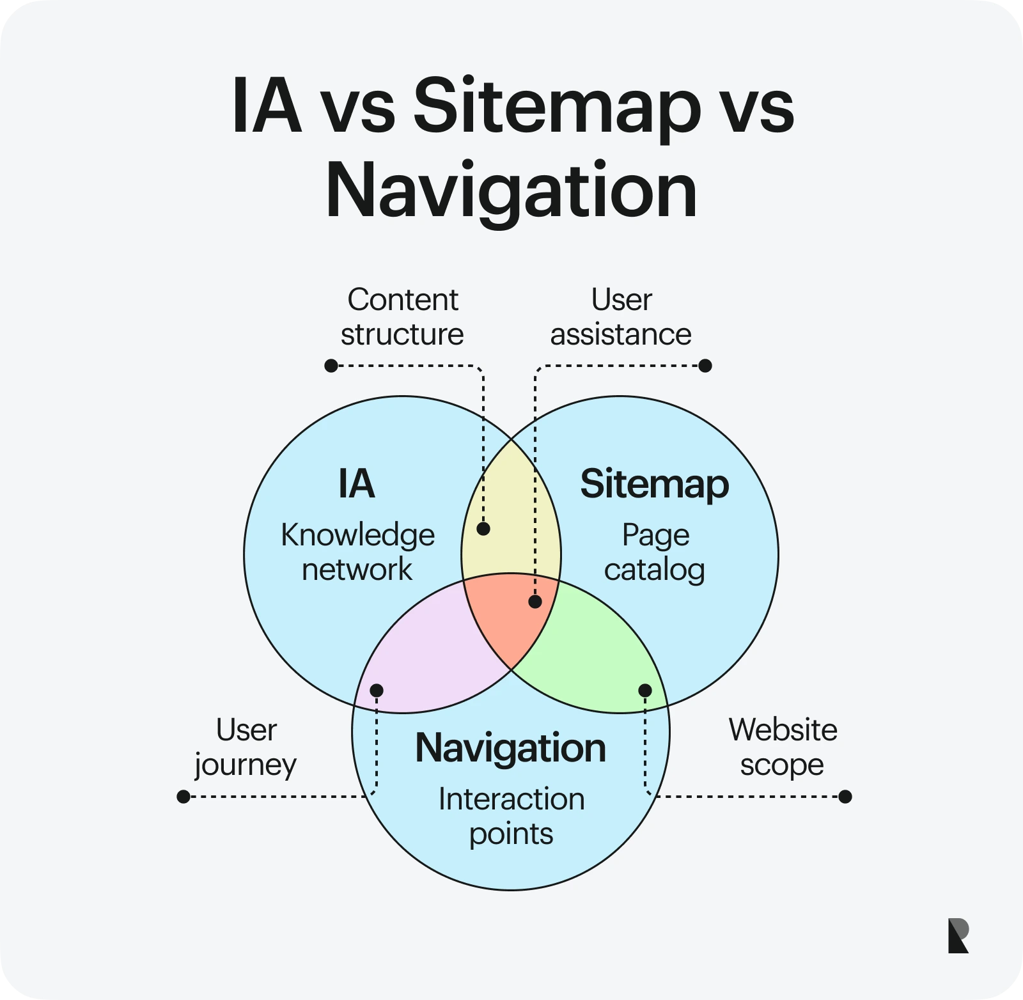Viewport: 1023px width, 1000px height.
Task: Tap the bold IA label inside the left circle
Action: point(356,484)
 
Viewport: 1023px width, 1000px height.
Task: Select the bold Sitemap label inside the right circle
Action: point(654,484)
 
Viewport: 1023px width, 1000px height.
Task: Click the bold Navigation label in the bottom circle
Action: point(510,747)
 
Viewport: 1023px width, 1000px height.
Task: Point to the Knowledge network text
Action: point(357,552)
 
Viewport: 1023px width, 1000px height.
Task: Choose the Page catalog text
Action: point(655,552)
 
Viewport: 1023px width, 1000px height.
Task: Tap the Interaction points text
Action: point(511,816)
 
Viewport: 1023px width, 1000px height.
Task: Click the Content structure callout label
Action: point(402,316)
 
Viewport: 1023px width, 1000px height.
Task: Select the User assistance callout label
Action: point(621,316)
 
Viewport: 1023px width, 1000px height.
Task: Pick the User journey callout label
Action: point(246,747)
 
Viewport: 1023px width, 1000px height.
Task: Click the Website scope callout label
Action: point(783,747)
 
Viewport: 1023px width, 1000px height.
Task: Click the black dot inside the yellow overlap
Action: point(483,529)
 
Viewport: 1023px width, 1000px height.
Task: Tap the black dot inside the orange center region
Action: point(535,602)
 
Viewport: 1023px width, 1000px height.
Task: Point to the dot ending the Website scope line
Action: point(845,797)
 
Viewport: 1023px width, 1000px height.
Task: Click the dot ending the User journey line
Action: point(184,797)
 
